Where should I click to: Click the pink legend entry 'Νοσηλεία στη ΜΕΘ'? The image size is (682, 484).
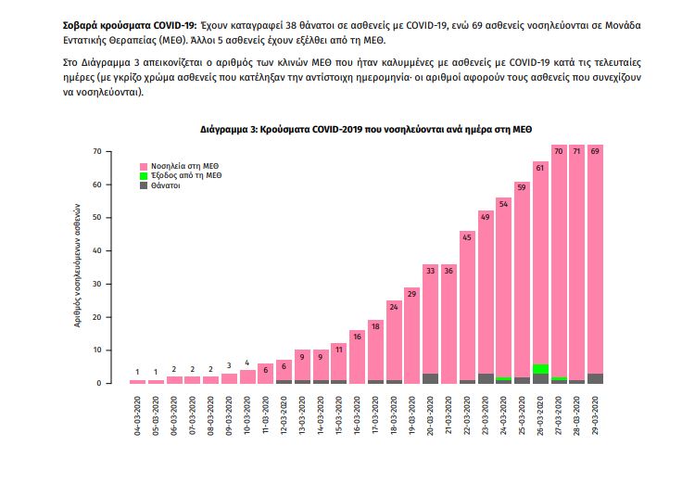click(x=177, y=164)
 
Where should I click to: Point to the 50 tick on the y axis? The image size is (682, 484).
click(x=96, y=217)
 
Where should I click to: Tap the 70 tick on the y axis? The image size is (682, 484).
click(x=96, y=150)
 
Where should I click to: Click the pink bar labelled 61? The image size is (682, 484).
click(x=540, y=269)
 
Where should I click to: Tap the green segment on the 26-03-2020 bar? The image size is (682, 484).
click(x=540, y=369)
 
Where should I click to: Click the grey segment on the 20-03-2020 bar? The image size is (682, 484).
click(x=430, y=378)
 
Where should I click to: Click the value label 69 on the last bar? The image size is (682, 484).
click(x=595, y=150)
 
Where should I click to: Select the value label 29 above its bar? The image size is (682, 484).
click(x=411, y=293)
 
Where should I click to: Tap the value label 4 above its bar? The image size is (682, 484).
click(x=247, y=363)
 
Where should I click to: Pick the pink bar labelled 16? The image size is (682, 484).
click(x=357, y=357)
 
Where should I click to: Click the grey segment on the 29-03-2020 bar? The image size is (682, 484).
click(x=595, y=378)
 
